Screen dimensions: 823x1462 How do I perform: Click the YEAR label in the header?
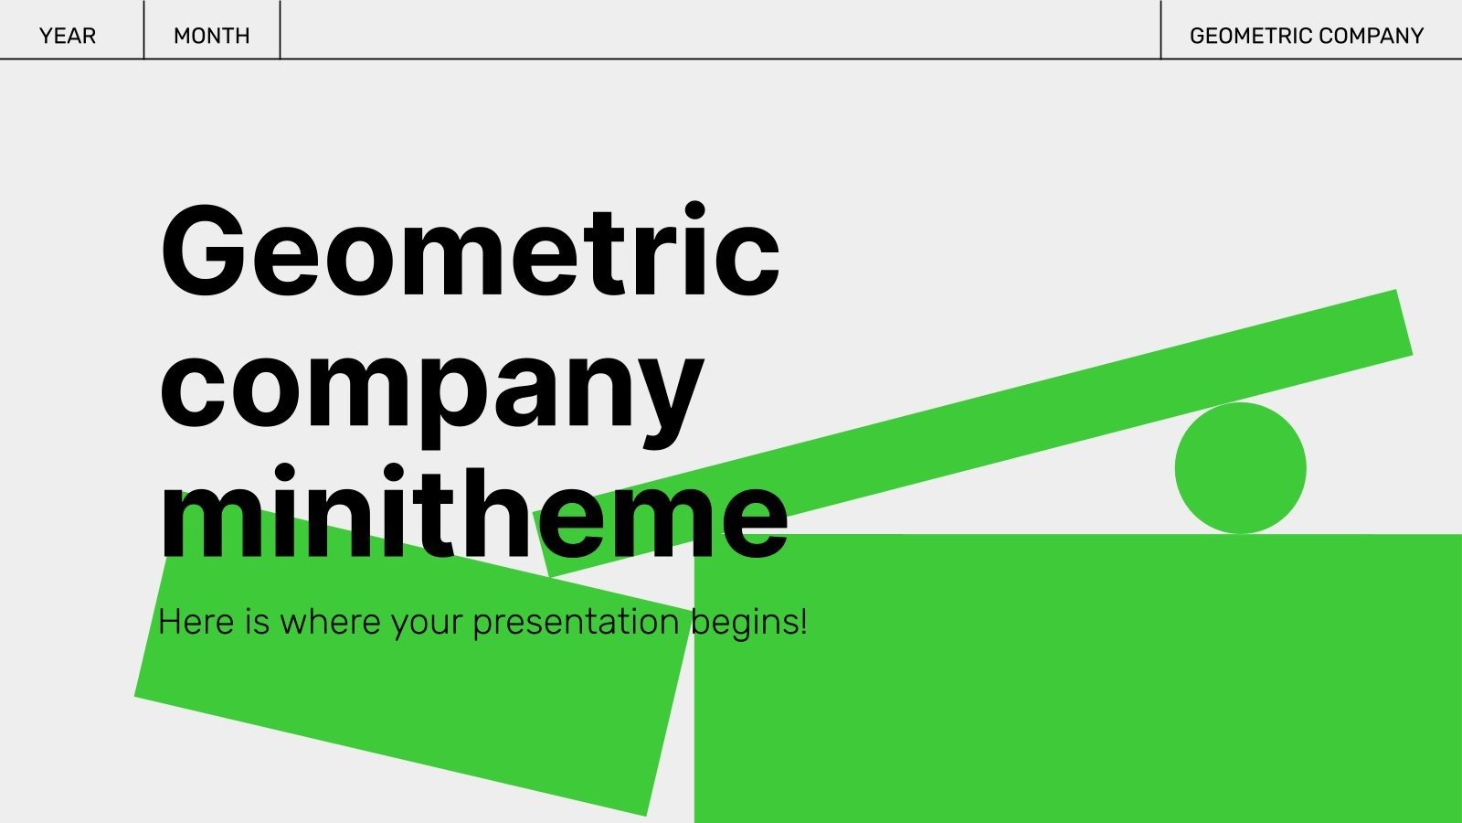tap(68, 36)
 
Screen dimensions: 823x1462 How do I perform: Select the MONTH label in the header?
tap(211, 36)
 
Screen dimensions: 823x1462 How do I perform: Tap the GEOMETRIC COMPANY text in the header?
tap(1306, 36)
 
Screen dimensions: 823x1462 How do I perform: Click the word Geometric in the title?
tap(470, 251)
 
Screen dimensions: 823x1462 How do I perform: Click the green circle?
tap(1240, 468)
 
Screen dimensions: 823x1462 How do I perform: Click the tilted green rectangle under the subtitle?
tap(402, 695)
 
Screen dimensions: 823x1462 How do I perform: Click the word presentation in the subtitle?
tap(575, 623)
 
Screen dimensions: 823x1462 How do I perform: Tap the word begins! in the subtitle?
tap(748, 623)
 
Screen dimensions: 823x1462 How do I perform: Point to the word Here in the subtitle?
tap(196, 623)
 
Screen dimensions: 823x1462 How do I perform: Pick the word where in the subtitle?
tap(330, 623)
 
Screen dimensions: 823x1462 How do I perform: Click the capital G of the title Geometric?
tap(203, 251)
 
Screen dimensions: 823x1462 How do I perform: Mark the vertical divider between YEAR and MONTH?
tap(143, 30)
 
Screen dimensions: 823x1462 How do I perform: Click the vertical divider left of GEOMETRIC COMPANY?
tap(1160, 30)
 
